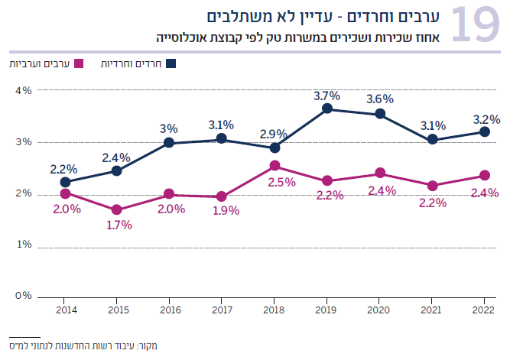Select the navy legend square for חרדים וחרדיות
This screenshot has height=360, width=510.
(x=170, y=63)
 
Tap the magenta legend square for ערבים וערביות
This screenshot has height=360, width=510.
(x=78, y=63)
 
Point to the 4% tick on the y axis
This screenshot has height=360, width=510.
(x=23, y=90)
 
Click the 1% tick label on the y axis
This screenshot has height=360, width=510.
(x=23, y=245)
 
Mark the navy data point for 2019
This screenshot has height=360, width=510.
(x=327, y=109)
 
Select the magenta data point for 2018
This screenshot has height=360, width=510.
(x=274, y=166)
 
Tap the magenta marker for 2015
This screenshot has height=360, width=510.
(x=117, y=209)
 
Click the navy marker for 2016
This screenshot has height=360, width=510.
(x=169, y=143)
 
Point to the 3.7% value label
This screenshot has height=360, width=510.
(x=326, y=96)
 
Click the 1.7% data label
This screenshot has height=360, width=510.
(x=119, y=225)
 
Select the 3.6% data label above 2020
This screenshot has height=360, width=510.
(x=379, y=99)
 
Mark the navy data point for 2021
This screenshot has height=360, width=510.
(x=432, y=140)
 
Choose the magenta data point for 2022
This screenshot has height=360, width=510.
(x=485, y=176)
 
